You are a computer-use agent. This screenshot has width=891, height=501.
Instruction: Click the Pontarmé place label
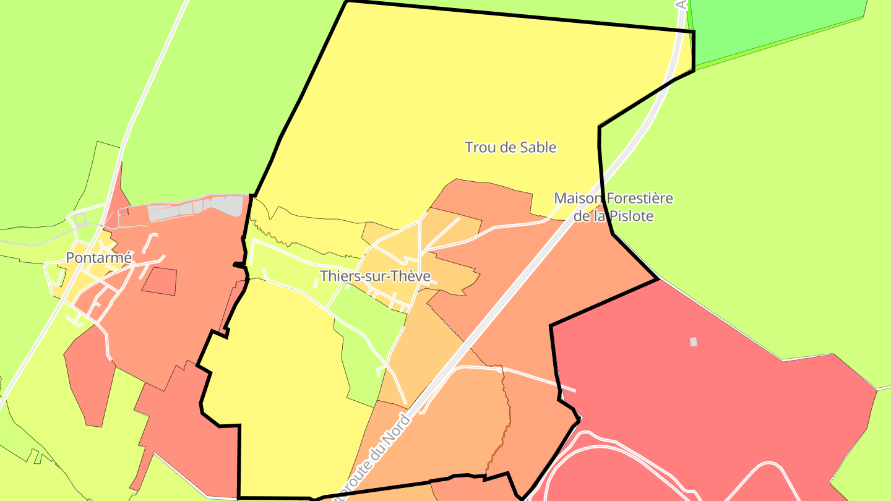pos(99,258)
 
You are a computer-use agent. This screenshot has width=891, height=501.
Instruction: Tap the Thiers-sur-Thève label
pos(375,276)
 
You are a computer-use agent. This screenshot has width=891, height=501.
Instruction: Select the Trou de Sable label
pos(510,147)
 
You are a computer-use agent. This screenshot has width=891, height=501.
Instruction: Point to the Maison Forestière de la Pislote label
pos(613,207)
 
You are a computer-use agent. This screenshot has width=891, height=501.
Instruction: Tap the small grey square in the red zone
pos(693,341)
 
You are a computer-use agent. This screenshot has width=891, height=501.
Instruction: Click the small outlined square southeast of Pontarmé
pos(160,281)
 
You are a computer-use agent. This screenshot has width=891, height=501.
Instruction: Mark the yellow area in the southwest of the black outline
pos(285,383)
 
